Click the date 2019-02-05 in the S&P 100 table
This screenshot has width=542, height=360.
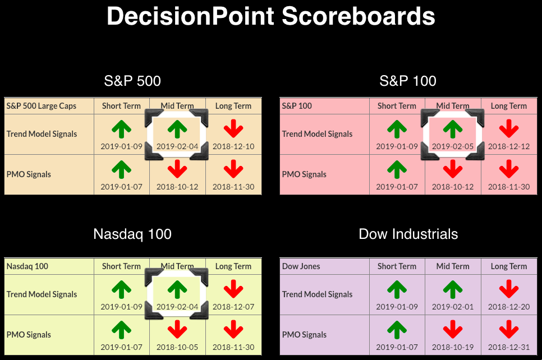pos(452,146)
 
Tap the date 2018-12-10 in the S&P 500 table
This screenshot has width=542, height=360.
pos(233,146)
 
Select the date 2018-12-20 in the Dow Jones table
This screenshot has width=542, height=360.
pos(509,307)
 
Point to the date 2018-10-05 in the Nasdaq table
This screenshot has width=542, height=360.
pos(177,347)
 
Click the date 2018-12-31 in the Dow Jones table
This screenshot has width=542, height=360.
pos(509,347)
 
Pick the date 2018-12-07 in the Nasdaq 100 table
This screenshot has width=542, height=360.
pos(233,307)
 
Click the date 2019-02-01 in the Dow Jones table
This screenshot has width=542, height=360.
pos(452,307)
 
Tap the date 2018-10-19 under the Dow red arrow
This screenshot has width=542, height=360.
pos(452,347)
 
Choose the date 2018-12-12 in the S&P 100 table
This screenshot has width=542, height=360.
pos(509,146)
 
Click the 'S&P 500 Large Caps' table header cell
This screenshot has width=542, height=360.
pos(41,106)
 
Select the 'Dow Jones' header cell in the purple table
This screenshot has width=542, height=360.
pos(301,266)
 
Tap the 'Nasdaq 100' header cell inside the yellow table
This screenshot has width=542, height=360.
pos(27,266)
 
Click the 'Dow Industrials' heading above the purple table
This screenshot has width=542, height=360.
pos(408,234)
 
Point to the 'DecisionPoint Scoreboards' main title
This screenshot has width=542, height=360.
pos(271,16)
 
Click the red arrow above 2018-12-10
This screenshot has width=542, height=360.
pos(233,129)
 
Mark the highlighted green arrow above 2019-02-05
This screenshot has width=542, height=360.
pos(452,129)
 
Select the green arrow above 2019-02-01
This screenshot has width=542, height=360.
pos(452,289)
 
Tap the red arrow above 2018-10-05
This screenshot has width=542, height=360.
pos(177,329)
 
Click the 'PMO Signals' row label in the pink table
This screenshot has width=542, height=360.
pos(304,174)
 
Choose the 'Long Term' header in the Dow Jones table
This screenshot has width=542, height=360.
pos(509,266)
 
